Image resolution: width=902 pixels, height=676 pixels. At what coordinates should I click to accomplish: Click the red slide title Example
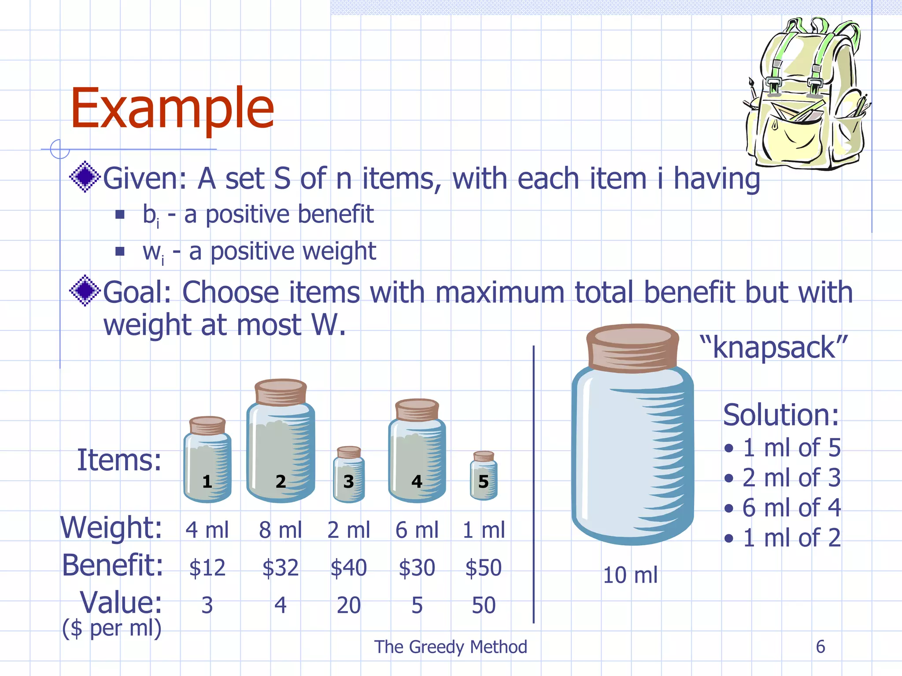tap(172, 108)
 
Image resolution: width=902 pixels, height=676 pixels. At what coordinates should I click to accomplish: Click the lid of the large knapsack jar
tap(632, 347)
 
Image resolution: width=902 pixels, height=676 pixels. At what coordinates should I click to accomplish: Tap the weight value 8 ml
tap(280, 530)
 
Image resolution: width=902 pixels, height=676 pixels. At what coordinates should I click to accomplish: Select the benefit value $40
tap(348, 568)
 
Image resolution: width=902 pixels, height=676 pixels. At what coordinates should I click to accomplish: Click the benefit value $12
tap(207, 568)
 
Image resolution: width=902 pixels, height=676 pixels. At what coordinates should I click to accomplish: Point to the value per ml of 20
tap(348, 606)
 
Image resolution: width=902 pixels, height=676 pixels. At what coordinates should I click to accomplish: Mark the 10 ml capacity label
tap(630, 575)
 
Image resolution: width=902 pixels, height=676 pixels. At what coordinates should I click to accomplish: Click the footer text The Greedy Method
tap(451, 647)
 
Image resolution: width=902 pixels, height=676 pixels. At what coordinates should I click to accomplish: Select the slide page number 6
tap(820, 647)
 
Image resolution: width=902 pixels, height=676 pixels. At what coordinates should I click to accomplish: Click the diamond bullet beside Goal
tap(85, 290)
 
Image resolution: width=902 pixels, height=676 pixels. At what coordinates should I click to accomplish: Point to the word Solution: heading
tap(781, 415)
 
